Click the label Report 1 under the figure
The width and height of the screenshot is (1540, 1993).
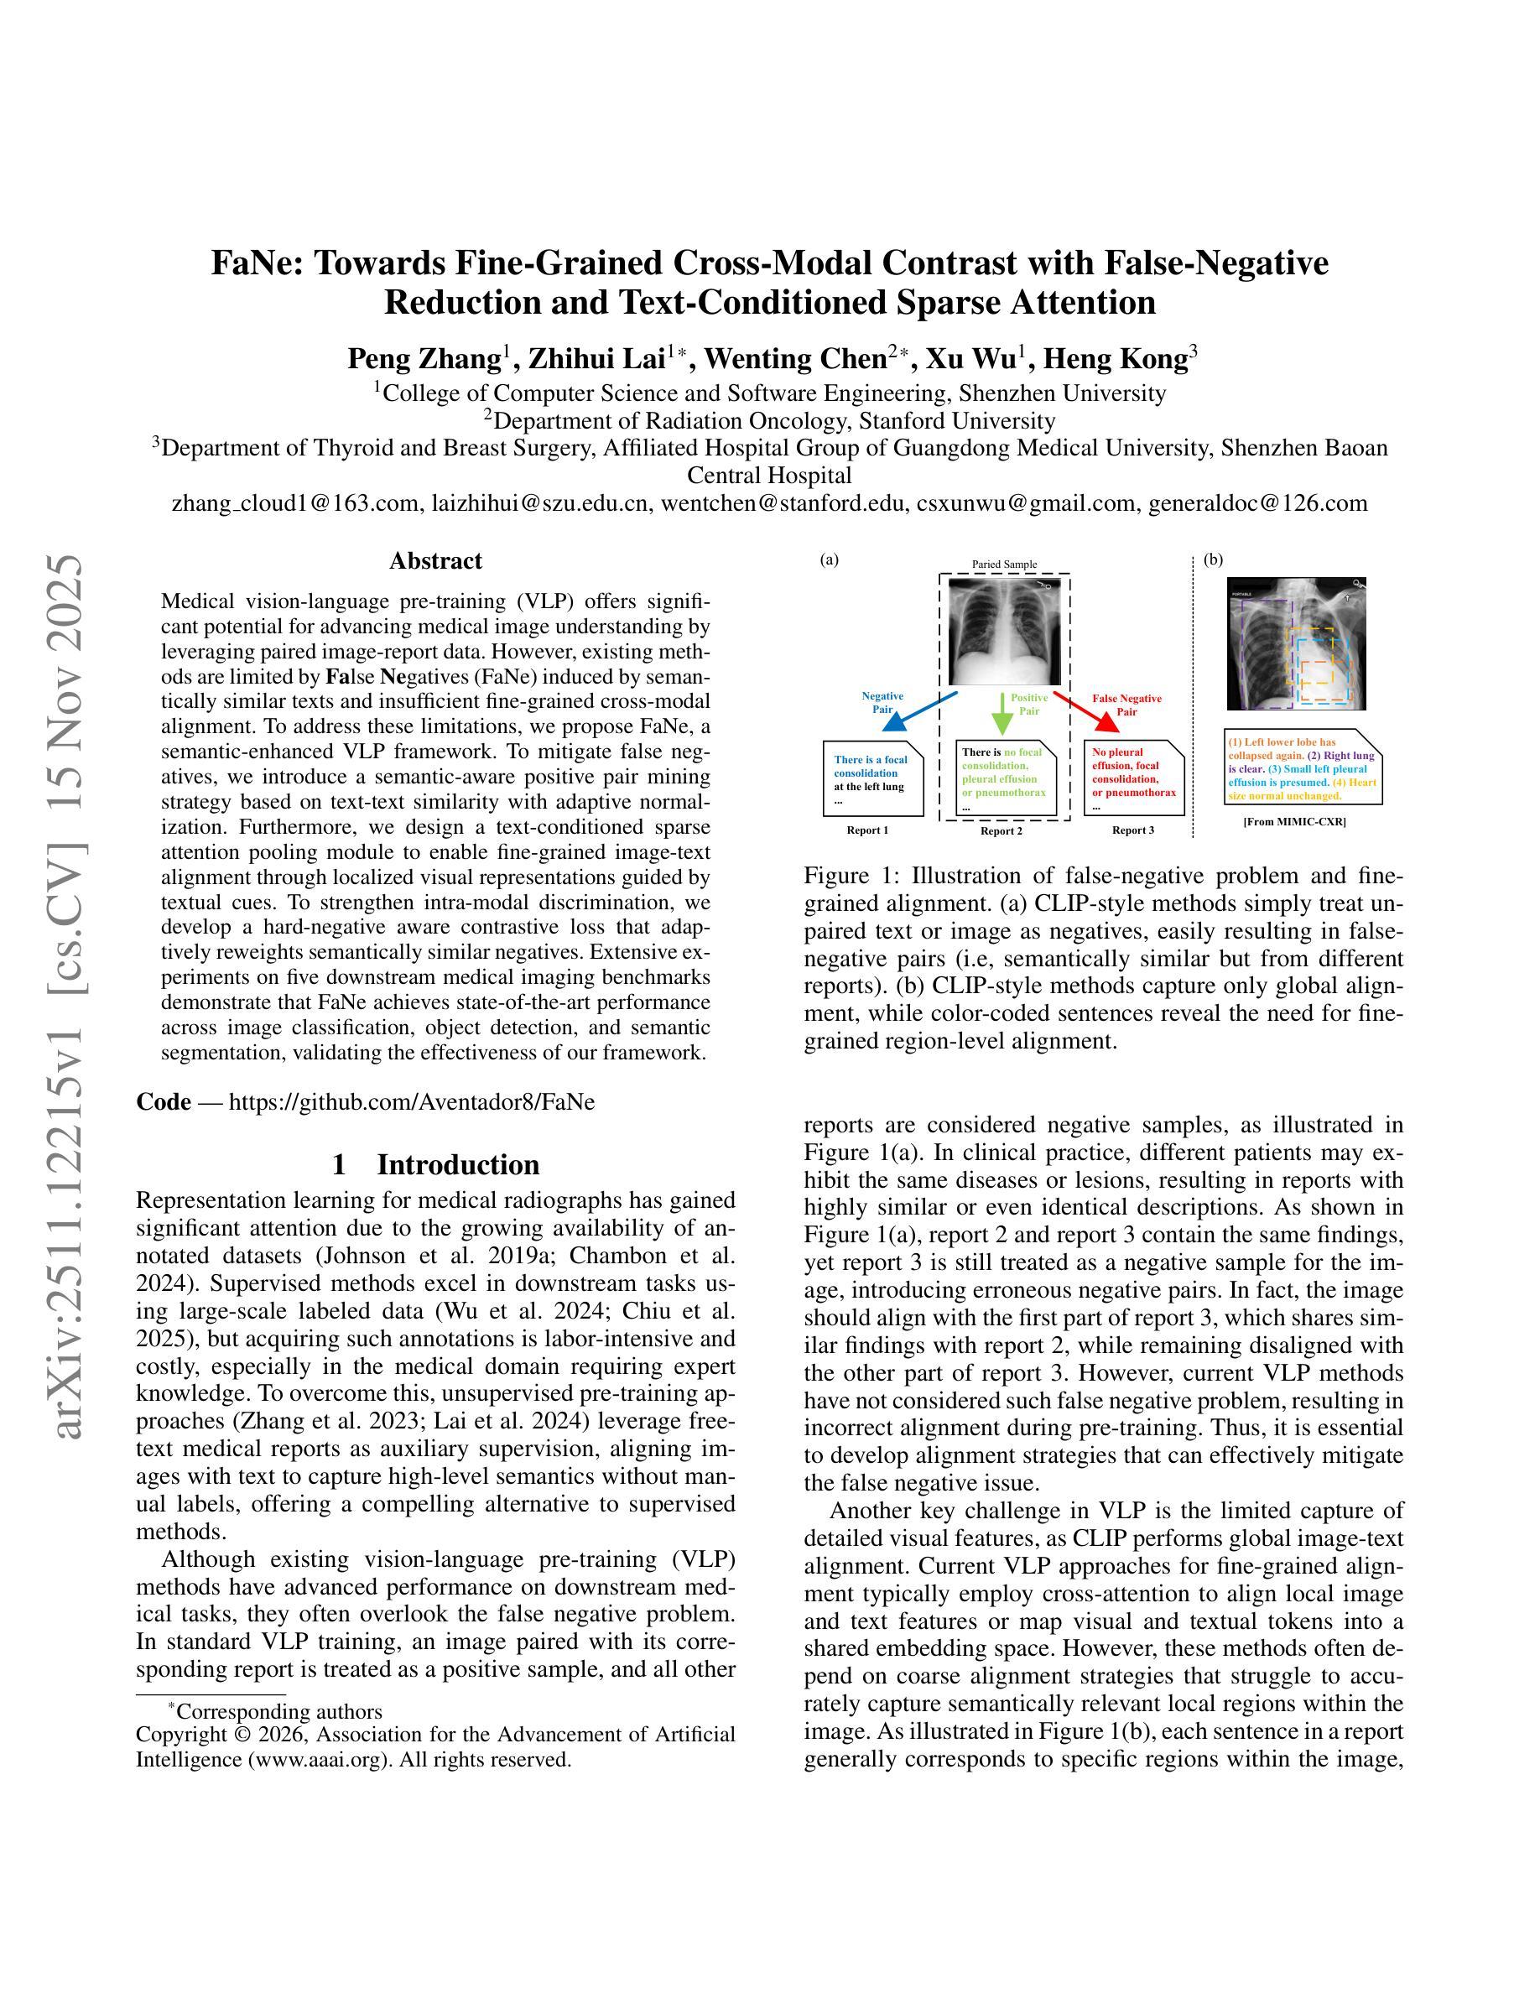[866, 830]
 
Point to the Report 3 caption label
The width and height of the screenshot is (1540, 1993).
[1132, 830]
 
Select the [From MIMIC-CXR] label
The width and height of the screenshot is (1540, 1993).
[1293, 822]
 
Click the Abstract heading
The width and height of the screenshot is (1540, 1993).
[435, 561]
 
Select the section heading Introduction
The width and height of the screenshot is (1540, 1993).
[458, 1165]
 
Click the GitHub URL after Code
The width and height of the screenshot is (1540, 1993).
[412, 1102]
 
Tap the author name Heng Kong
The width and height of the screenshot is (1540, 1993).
[1115, 360]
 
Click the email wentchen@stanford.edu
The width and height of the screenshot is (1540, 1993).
[783, 502]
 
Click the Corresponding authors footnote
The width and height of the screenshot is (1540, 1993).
[278, 1712]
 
